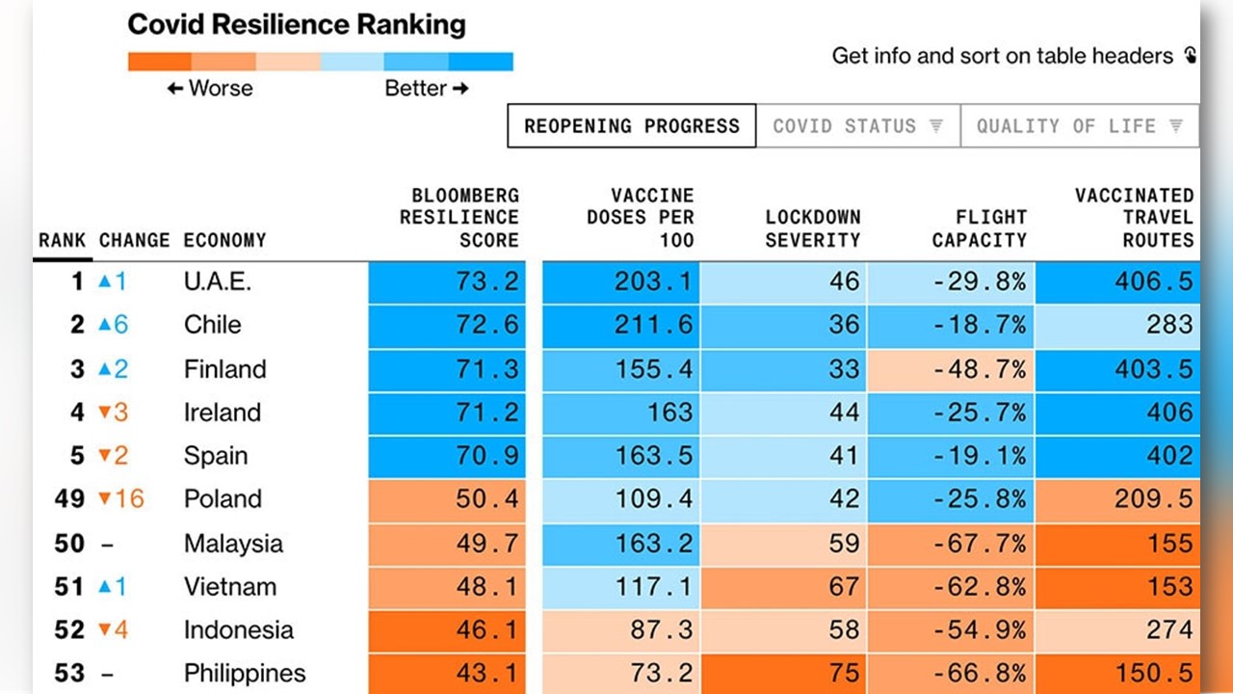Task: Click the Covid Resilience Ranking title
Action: point(296,24)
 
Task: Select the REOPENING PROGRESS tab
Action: point(632,126)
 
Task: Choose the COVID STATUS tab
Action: point(857,126)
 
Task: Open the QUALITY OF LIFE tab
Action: point(1079,126)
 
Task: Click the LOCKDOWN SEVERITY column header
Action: point(812,228)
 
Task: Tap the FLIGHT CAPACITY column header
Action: point(979,228)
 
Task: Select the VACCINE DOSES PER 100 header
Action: point(640,218)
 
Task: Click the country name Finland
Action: point(224,369)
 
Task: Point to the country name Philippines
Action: point(245,673)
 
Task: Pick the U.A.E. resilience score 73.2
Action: point(486,282)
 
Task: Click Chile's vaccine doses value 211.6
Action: point(654,325)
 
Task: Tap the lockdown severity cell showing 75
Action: point(844,673)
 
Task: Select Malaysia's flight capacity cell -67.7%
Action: point(979,543)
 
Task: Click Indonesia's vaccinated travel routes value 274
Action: point(1169,629)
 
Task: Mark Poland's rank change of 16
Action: point(121,499)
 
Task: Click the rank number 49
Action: point(69,499)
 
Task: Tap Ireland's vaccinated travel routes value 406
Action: point(1169,413)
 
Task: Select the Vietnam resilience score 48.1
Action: point(486,586)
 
